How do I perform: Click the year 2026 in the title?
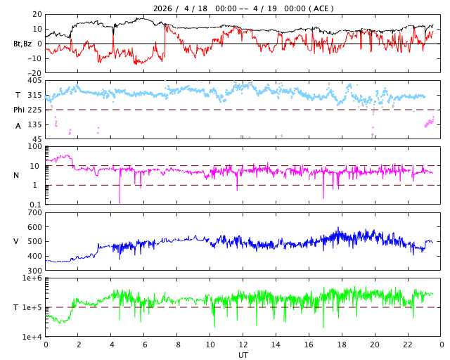click(165, 8)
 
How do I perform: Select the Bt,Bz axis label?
click(22, 44)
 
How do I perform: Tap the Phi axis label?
click(19, 110)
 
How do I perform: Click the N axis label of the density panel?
click(16, 175)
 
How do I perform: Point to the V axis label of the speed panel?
click(16, 241)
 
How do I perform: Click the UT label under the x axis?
click(243, 355)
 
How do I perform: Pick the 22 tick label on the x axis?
click(409, 345)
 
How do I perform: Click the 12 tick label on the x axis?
click(243, 345)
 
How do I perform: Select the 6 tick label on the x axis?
click(145, 345)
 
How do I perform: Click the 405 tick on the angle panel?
click(34, 81)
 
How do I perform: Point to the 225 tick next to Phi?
click(34, 110)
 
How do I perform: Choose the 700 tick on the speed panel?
click(34, 212)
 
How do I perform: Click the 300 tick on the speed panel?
click(34, 271)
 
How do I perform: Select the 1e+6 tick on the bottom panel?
click(32, 278)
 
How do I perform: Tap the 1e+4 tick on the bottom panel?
click(32, 337)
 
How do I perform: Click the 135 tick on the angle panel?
click(34, 124)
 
